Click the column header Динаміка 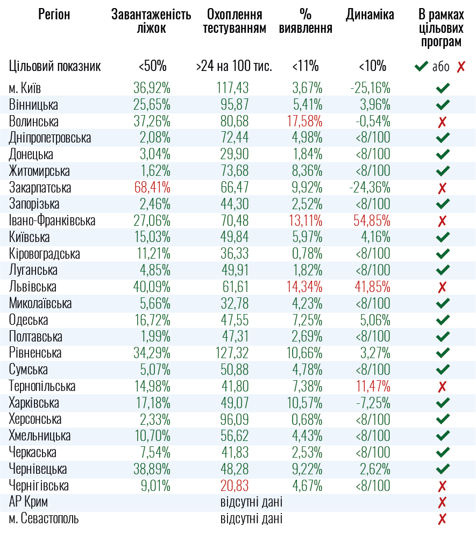pyautogui.click(x=370, y=15)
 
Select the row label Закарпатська pyautogui.click(x=40, y=188)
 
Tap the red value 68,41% pyautogui.click(x=152, y=188)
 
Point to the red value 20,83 pyautogui.click(x=235, y=486)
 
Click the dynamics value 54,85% pyautogui.click(x=372, y=220)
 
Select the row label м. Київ pyautogui.click(x=25, y=88)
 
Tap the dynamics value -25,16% pyautogui.click(x=370, y=88)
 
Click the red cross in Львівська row pyautogui.click(x=443, y=287)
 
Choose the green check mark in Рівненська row pyautogui.click(x=443, y=353)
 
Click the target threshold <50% pyautogui.click(x=152, y=67)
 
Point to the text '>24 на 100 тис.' pyautogui.click(x=234, y=67)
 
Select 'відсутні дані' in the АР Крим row pyautogui.click(x=251, y=503)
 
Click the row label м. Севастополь pyautogui.click(x=44, y=519)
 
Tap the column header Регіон pyautogui.click(x=54, y=15)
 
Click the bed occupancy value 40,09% pyautogui.click(x=152, y=287)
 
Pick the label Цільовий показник pyautogui.click(x=55, y=67)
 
